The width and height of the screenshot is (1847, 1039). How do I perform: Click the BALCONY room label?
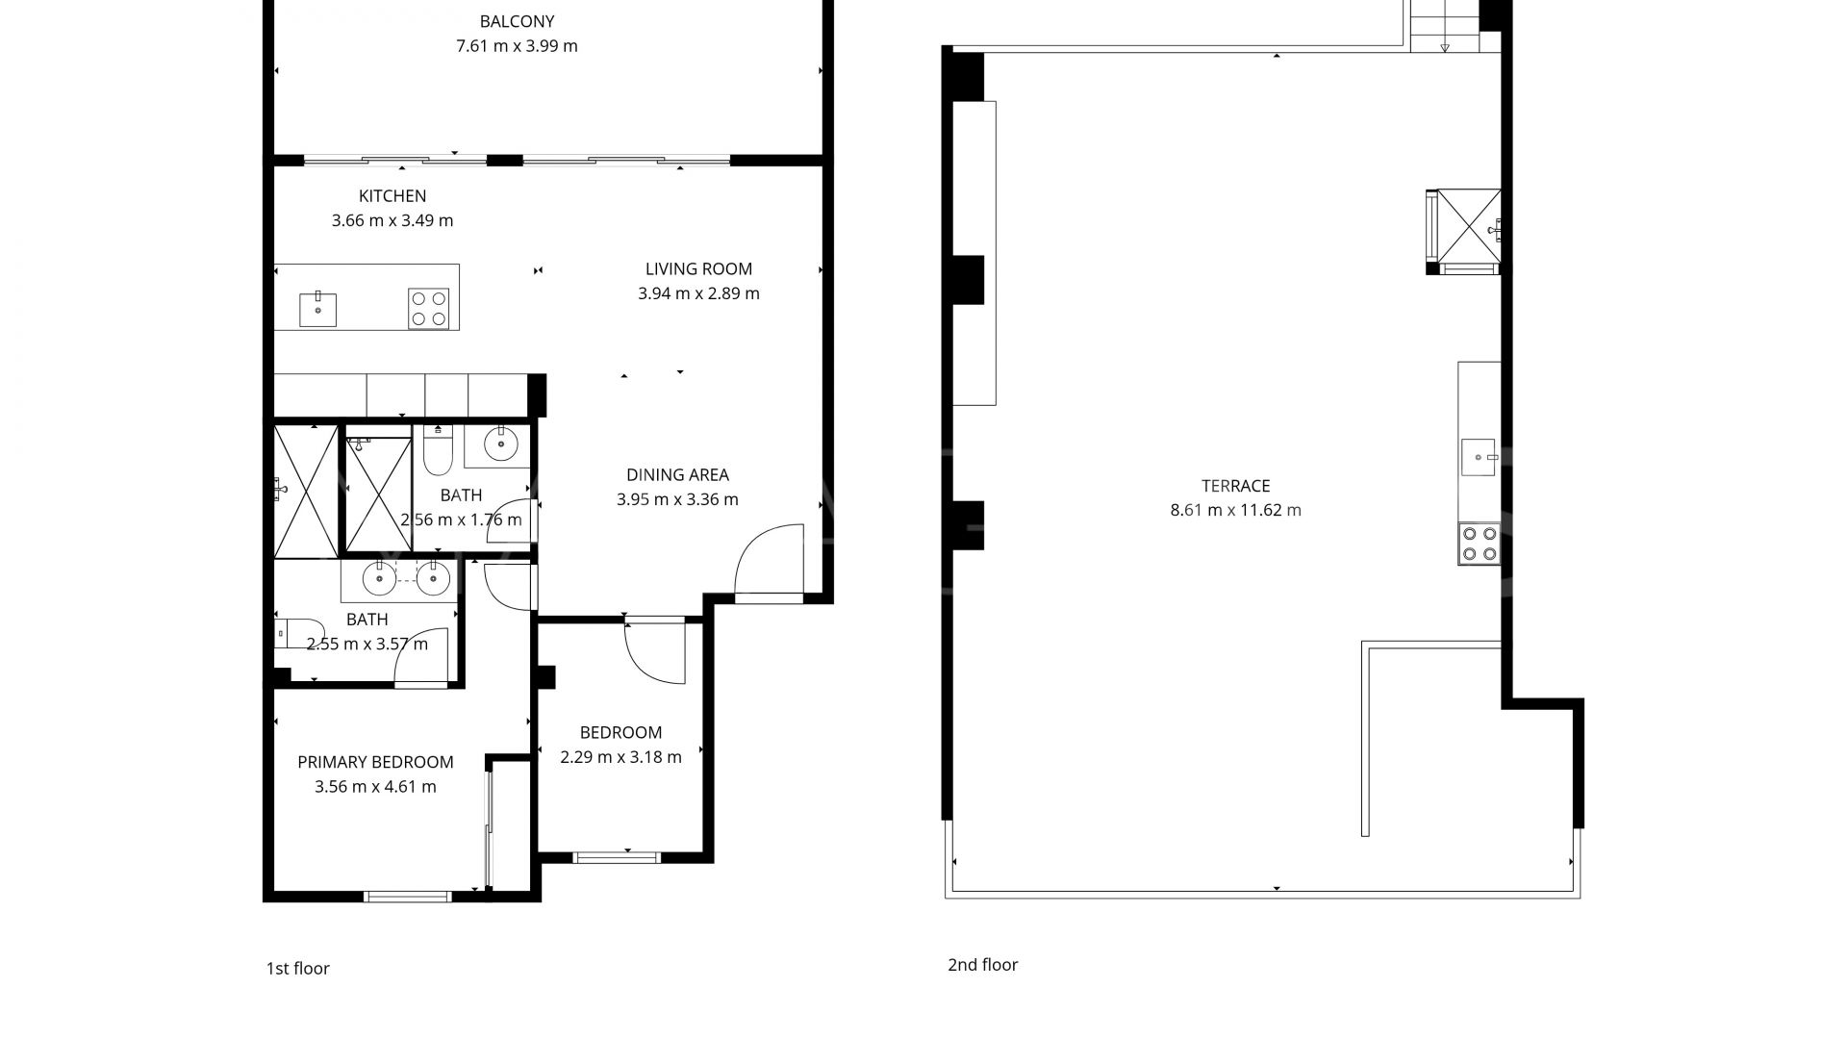(x=517, y=21)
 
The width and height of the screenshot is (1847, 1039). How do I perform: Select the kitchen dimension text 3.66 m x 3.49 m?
(x=392, y=220)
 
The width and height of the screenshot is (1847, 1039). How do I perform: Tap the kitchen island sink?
(x=317, y=310)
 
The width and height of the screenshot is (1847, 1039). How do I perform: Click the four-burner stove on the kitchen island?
(x=428, y=309)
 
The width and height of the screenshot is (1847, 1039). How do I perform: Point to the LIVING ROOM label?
(x=698, y=269)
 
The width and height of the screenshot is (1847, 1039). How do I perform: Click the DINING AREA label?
(x=677, y=474)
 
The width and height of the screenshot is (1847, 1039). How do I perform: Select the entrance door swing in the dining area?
(x=770, y=560)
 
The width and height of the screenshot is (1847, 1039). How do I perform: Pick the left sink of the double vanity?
(x=379, y=579)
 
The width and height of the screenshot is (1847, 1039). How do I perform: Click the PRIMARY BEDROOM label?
(x=375, y=762)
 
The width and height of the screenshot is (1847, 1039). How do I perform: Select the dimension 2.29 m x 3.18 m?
(x=620, y=757)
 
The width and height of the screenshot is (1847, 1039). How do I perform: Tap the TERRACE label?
(x=1235, y=486)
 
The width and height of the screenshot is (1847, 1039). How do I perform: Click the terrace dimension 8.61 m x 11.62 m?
(x=1235, y=511)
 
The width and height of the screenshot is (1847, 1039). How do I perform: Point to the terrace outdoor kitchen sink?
(x=1478, y=457)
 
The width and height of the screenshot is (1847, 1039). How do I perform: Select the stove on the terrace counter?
(x=1479, y=544)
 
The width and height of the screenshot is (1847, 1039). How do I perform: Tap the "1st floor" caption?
(x=297, y=969)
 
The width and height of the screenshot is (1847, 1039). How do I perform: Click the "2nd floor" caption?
(x=982, y=965)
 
